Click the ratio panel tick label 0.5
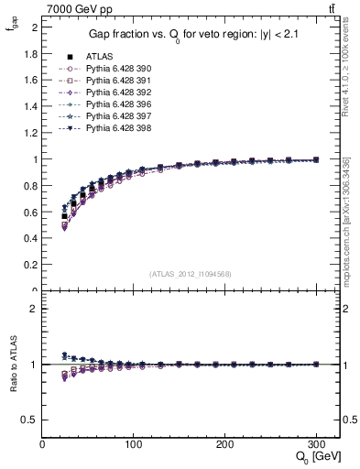[31, 420]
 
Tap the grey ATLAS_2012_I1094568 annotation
[190, 274]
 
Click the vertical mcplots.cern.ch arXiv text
[345, 220]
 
